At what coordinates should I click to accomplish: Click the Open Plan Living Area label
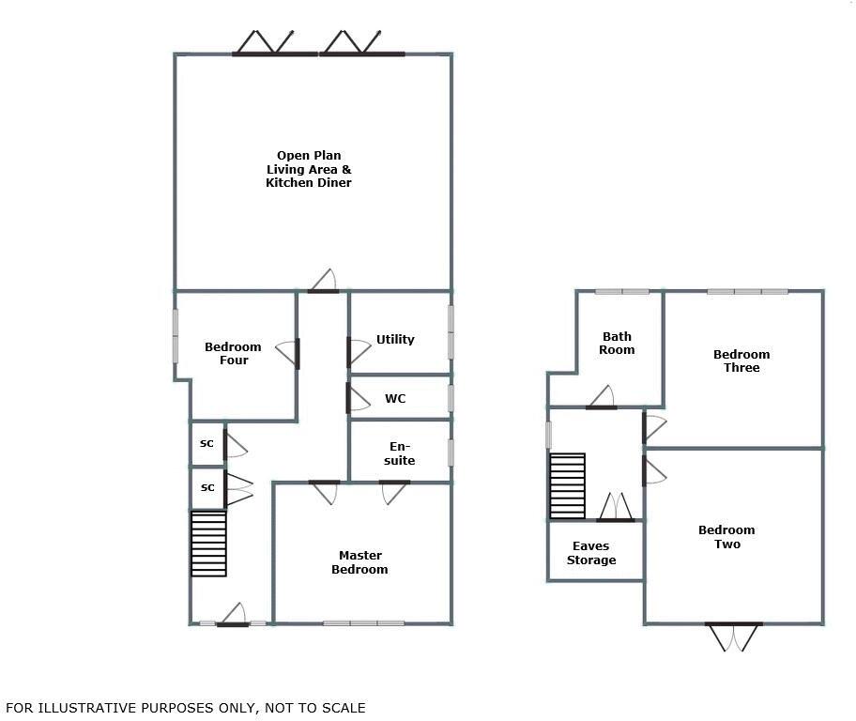point(308,169)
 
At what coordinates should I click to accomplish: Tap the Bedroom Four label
point(233,354)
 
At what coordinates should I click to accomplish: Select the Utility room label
point(395,340)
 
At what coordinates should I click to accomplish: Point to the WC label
point(395,399)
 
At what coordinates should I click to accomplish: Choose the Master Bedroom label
point(359,562)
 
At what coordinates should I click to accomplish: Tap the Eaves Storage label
point(591,553)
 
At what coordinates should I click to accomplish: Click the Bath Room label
point(617,343)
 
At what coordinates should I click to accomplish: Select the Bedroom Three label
point(741,361)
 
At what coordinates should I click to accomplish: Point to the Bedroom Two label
point(726,537)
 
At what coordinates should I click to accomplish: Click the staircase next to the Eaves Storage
point(567,486)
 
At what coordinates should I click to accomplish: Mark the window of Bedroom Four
point(176,335)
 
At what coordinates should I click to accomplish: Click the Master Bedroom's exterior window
point(364,622)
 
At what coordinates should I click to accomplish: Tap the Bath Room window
point(621,291)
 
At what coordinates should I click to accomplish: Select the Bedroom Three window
point(747,291)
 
